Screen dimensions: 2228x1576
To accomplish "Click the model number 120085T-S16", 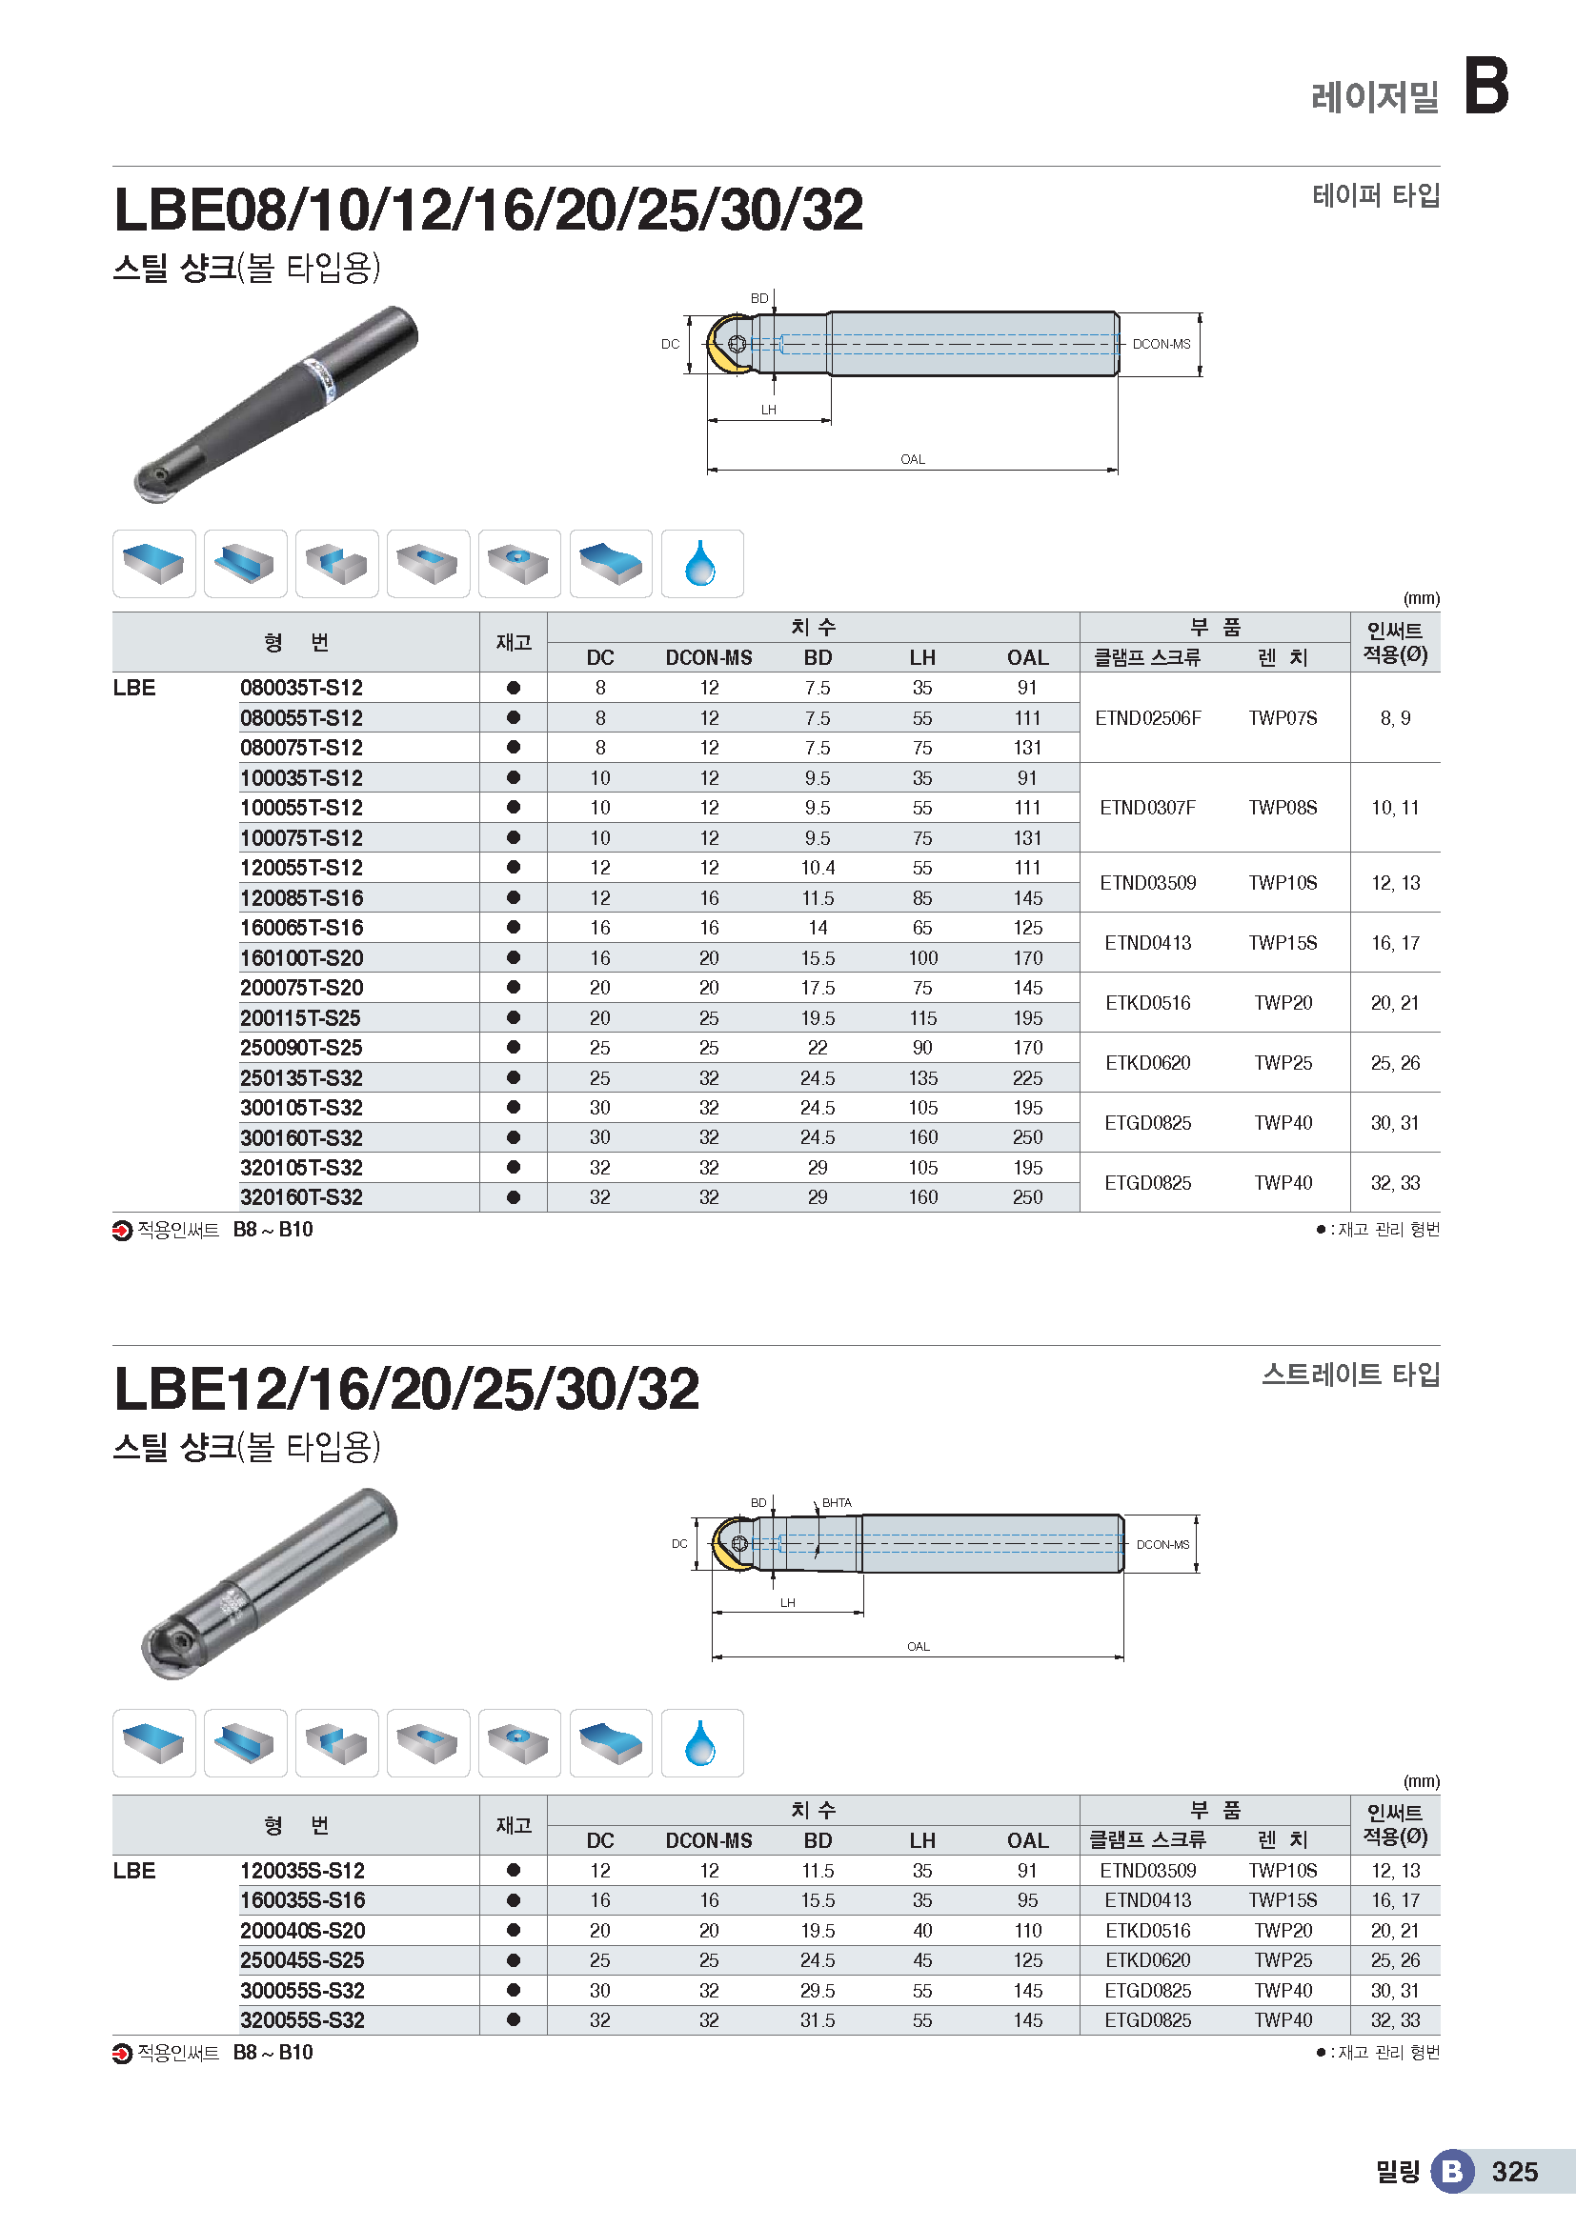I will (301, 897).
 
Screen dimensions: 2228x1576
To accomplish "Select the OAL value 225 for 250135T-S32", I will (1027, 1078).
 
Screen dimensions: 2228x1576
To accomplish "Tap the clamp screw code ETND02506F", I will (1147, 718).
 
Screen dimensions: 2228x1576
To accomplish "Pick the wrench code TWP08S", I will (1282, 808).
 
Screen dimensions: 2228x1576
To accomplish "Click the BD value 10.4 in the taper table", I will (818, 868).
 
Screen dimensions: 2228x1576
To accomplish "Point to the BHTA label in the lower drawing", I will (837, 1502).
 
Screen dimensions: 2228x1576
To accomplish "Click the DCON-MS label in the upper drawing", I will (1161, 344).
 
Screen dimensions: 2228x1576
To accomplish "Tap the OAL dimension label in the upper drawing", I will (912, 459).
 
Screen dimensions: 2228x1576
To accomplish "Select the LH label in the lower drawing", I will (787, 1602).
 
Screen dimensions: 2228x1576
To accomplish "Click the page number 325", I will (1514, 2172).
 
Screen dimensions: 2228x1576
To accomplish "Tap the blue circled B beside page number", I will (1452, 2171).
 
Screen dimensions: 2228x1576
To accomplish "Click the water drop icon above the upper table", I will (700, 564).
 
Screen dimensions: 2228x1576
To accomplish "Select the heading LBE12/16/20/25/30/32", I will (406, 1389).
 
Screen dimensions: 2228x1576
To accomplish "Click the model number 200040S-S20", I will (302, 1930).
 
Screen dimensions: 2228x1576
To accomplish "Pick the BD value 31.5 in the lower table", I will (818, 2020).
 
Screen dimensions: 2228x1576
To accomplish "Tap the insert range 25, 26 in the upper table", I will (1395, 1063).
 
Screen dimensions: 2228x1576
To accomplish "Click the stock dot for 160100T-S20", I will (514, 957).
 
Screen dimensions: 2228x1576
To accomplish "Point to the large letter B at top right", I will (1485, 86).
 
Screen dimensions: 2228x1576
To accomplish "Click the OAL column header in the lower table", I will (1027, 1840).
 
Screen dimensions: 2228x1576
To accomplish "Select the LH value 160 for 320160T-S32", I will (922, 1197).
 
